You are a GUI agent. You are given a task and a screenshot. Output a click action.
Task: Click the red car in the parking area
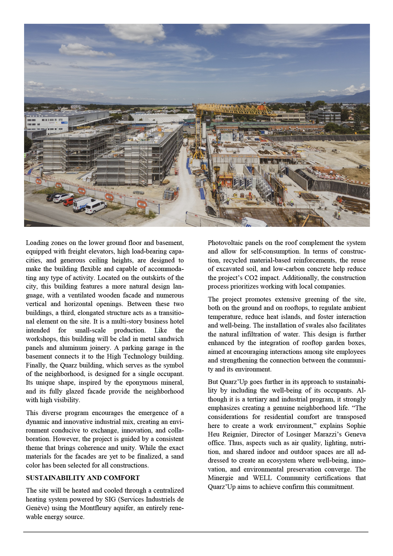[x=68, y=202]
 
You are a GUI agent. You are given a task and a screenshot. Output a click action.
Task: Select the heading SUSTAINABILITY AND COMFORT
[x=83, y=478]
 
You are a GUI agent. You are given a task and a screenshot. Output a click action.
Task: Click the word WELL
[x=262, y=478]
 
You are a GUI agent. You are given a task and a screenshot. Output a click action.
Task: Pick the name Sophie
[x=356, y=426]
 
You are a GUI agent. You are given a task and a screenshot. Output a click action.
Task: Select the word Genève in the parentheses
[x=36, y=508]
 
